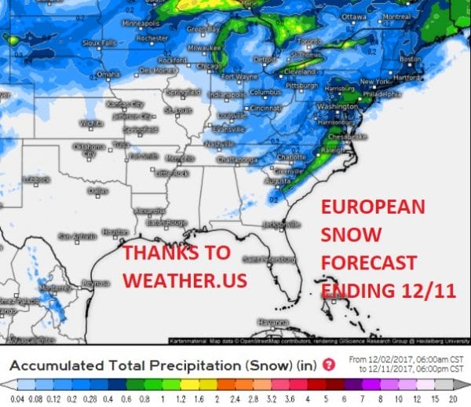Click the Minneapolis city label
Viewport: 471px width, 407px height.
click(141, 24)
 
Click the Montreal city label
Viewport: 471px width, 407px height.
click(396, 16)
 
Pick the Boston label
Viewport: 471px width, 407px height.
click(411, 59)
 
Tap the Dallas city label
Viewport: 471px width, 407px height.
click(99, 190)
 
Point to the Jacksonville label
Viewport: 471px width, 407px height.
click(283, 224)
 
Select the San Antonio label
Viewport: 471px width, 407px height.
click(76, 235)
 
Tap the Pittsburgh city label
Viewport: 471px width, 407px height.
click(301, 84)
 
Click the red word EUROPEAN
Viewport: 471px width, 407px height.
click(373, 209)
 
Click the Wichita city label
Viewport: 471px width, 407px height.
click(91, 123)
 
